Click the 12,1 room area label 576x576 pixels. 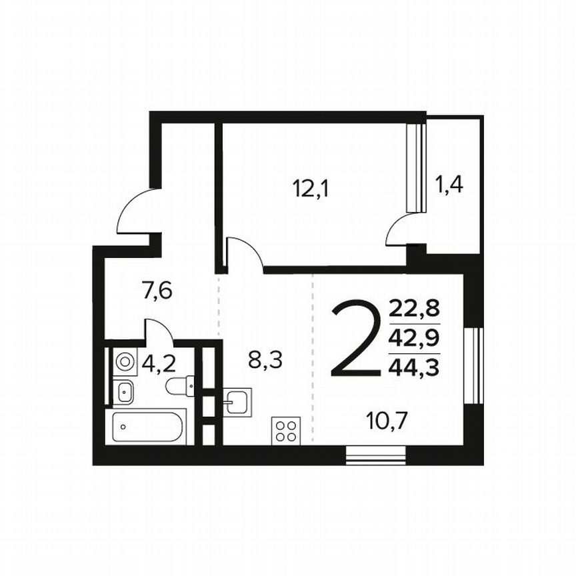pyautogui.click(x=311, y=189)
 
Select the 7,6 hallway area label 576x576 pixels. pyautogui.click(x=157, y=291)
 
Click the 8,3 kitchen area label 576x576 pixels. pyautogui.click(x=265, y=361)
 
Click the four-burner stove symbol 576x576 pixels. pyautogui.click(x=286, y=429)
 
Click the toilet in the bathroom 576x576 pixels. pyautogui.click(x=180, y=385)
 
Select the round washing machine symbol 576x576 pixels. pyautogui.click(x=124, y=362)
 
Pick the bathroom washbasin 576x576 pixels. pyautogui.click(x=125, y=392)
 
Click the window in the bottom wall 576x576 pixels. pyautogui.click(x=376, y=457)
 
